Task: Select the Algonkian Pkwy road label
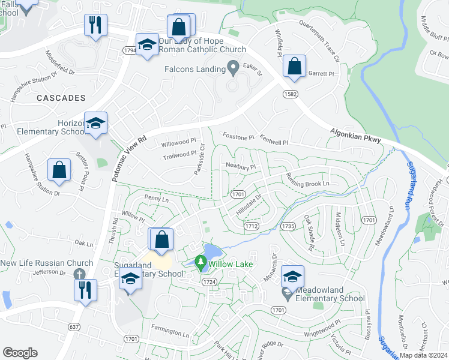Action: pyautogui.click(x=355, y=134)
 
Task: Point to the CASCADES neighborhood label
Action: pyautogui.click(x=60, y=97)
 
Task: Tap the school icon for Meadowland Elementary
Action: pyautogui.click(x=292, y=276)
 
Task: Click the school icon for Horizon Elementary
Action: pyautogui.click(x=95, y=124)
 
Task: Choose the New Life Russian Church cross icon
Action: pyautogui.click(x=78, y=274)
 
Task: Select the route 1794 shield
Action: pyautogui.click(x=130, y=51)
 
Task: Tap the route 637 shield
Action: pyautogui.click(x=74, y=326)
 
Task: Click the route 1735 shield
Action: pyautogui.click(x=288, y=226)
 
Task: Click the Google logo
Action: pyautogui.click(x=20, y=353)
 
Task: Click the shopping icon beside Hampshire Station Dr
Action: pyautogui.click(x=59, y=170)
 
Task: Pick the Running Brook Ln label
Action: pyautogui.click(x=309, y=180)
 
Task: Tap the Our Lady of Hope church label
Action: pyautogui.click(x=202, y=49)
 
